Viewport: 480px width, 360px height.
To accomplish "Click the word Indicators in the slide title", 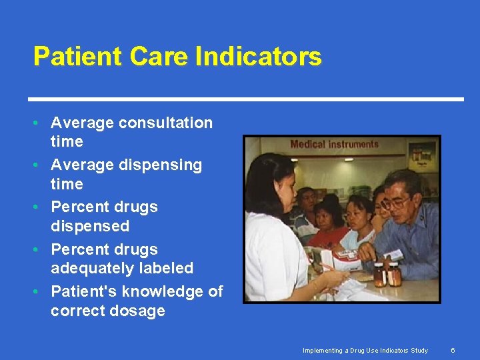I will click(x=259, y=57).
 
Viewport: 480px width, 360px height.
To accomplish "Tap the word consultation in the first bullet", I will click(x=165, y=123).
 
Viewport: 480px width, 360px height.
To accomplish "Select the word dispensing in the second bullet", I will click(x=160, y=165).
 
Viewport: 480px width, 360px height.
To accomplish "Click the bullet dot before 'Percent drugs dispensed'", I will click(x=41, y=207).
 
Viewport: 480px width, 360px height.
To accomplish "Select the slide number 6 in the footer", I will click(x=453, y=350).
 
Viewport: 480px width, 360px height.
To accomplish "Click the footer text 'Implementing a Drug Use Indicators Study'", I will click(x=365, y=350).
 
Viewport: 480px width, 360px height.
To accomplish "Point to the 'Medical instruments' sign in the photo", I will click(x=334, y=144).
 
